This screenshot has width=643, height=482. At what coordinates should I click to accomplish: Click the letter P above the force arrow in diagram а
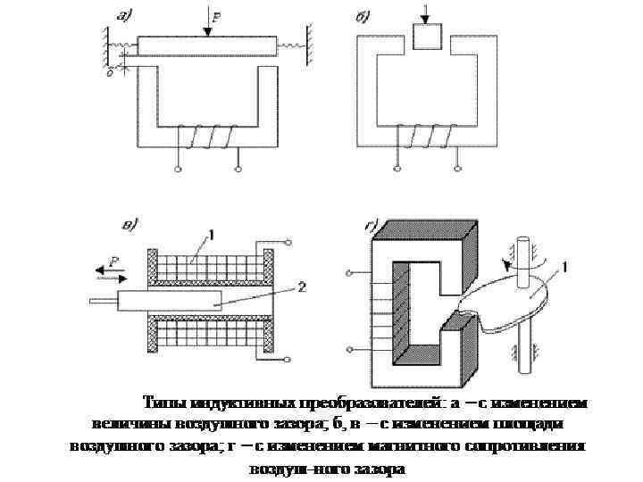(x=217, y=13)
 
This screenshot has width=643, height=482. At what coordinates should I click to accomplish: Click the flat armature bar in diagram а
(x=206, y=46)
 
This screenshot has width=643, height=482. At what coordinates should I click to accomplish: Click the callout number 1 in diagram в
(x=212, y=235)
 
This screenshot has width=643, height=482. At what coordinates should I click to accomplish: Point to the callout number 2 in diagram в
(x=302, y=287)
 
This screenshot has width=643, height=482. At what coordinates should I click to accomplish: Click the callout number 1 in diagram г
(x=565, y=265)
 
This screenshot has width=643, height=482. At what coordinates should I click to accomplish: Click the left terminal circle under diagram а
(x=177, y=169)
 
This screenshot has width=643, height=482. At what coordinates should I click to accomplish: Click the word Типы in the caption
(x=161, y=402)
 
